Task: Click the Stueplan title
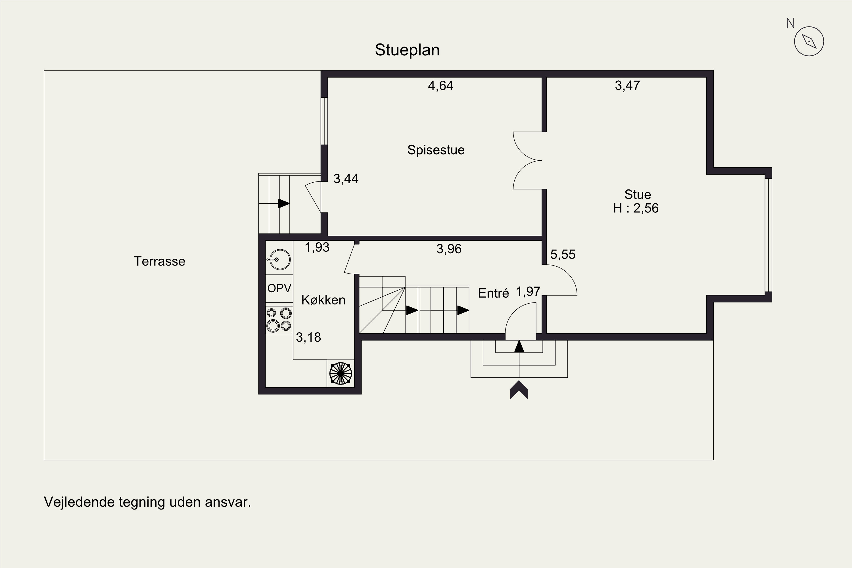407,50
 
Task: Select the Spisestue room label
436,150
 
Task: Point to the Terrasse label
159,261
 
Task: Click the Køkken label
323,300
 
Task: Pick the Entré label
493,293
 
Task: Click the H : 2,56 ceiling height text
636,208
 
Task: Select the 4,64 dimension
440,85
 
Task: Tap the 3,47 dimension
627,85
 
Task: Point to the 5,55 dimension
563,254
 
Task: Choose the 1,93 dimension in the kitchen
317,247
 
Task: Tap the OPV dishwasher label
279,288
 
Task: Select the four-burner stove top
279,319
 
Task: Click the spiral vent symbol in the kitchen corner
341,373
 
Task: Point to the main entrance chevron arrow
519,390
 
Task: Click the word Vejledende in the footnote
79,502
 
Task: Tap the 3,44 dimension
346,179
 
